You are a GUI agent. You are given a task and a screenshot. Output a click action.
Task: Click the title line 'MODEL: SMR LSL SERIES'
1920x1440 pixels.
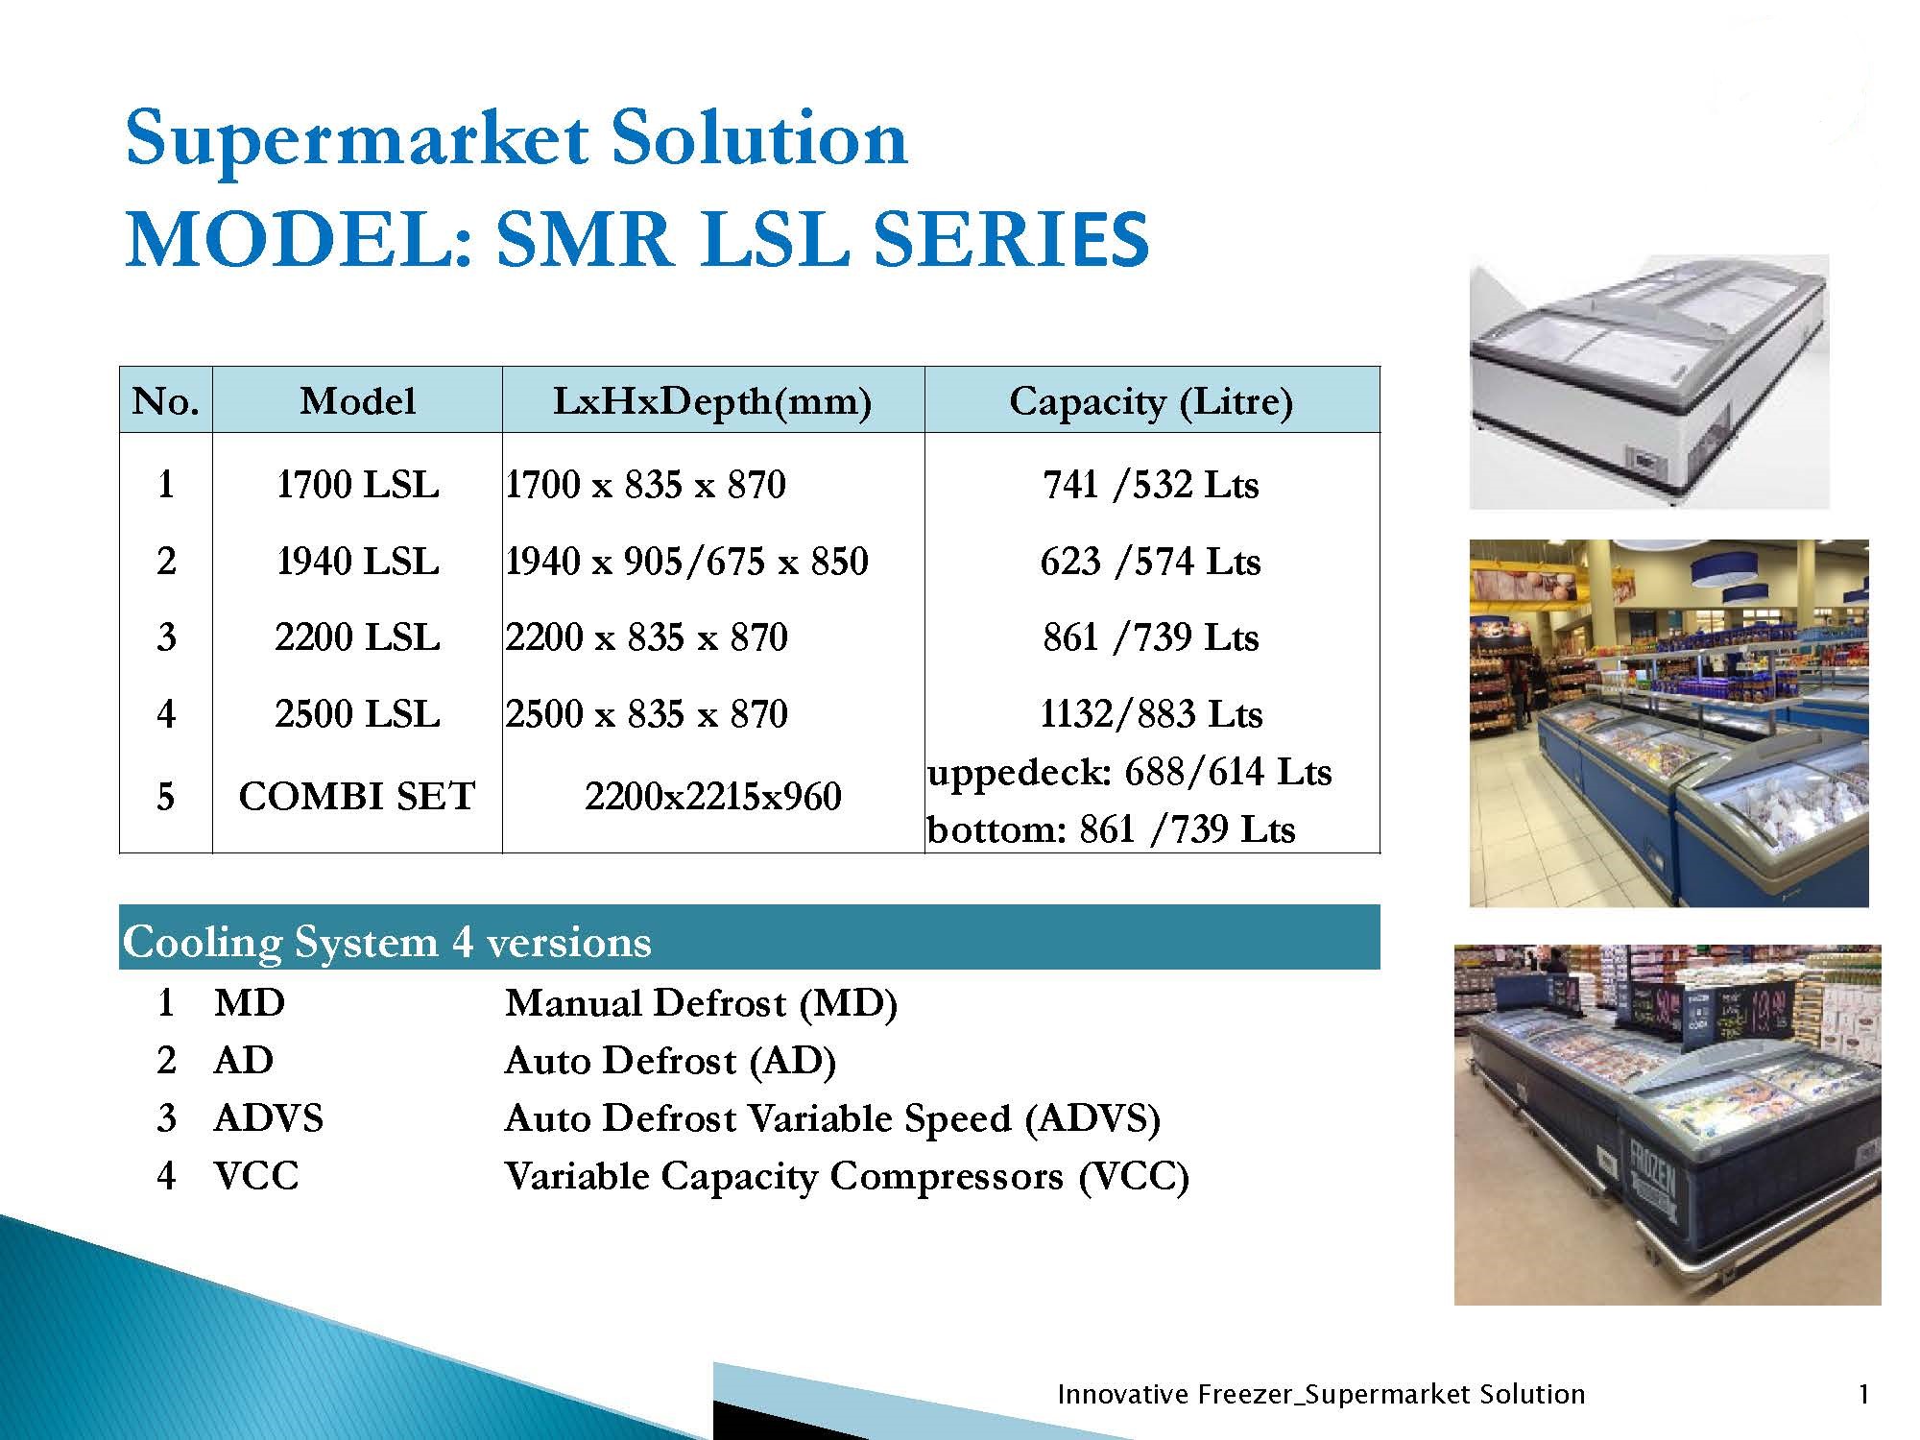click(637, 240)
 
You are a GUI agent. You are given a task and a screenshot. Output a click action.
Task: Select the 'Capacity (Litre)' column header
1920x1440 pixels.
click(1151, 401)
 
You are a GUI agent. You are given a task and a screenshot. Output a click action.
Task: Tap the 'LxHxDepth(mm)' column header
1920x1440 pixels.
click(712, 401)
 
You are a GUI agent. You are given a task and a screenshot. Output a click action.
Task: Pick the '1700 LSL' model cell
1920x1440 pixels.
click(357, 485)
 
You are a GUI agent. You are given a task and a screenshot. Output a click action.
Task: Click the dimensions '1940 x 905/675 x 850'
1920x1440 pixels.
click(686, 562)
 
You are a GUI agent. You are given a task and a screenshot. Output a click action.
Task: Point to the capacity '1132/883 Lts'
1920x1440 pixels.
click(1151, 714)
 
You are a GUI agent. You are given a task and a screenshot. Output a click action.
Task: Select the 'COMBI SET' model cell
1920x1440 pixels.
click(357, 796)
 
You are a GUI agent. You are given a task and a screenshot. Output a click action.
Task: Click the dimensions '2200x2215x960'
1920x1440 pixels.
click(712, 796)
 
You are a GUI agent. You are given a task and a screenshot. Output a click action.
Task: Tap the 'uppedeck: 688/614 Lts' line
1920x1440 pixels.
click(1130, 772)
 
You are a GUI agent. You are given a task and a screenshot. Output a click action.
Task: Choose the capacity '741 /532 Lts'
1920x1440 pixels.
click(1151, 485)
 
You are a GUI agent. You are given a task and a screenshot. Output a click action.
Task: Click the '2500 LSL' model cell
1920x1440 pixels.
click(357, 714)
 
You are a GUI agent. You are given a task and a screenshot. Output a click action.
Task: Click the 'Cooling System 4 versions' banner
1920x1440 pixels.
click(749, 938)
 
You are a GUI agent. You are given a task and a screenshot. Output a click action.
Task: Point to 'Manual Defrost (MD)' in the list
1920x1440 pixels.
click(701, 1004)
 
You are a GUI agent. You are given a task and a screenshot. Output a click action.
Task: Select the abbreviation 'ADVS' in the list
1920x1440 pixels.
click(269, 1118)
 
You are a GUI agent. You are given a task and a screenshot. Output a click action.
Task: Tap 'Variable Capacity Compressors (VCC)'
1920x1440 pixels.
click(847, 1177)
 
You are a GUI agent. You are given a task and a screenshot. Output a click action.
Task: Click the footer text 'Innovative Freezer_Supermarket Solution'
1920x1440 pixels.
click(1321, 1394)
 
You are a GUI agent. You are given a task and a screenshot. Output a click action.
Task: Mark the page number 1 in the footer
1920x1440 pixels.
click(1863, 1394)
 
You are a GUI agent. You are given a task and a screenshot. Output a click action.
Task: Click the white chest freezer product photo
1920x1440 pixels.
click(1649, 382)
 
